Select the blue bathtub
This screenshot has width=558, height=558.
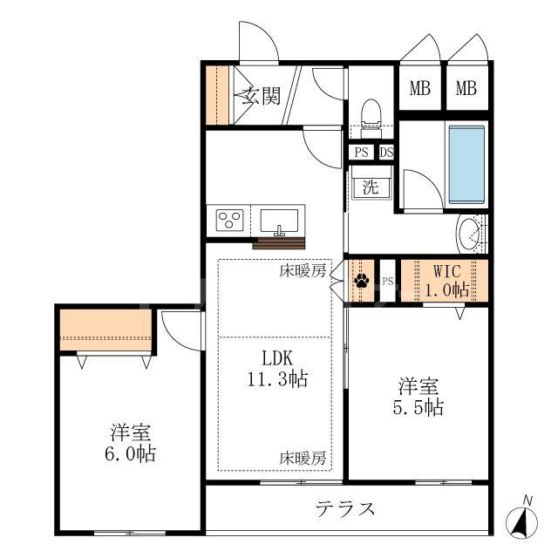coord(466,163)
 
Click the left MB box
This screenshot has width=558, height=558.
coord(420,88)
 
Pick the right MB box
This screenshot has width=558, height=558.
coord(466,88)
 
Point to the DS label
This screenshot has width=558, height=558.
coord(385,152)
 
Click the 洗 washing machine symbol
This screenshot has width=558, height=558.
coord(371,187)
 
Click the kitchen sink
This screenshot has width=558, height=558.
coord(279,219)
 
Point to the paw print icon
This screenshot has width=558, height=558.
coord(361,281)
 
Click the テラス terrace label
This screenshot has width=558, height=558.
coord(345,508)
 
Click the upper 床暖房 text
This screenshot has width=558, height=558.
coord(303,270)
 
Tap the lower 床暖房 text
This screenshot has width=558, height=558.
coord(303,457)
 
